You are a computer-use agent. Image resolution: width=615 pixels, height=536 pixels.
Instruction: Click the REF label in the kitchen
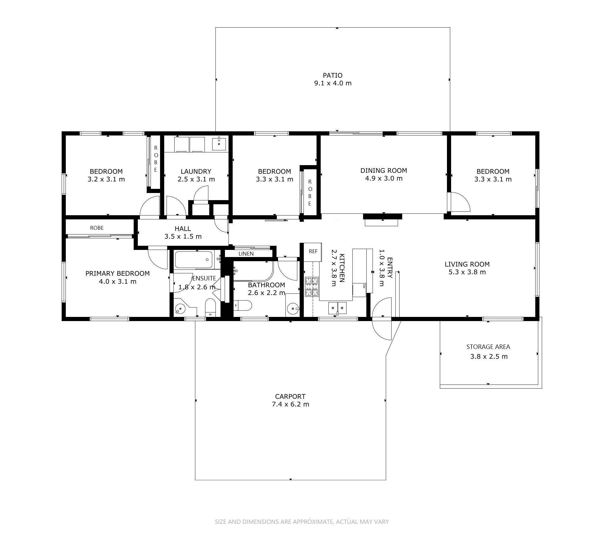click(x=313, y=251)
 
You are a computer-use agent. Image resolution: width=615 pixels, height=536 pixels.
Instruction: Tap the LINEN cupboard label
click(x=246, y=254)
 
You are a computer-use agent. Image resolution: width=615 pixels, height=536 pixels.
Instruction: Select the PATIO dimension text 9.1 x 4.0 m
click(x=333, y=83)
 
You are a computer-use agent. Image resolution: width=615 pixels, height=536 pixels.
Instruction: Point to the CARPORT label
click(x=290, y=396)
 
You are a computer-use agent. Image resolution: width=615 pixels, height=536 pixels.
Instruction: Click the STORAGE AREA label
click(x=488, y=347)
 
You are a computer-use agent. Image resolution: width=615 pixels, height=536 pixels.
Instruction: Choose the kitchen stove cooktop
click(x=311, y=287)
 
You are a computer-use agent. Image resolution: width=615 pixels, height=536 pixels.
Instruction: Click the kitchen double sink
click(x=337, y=308)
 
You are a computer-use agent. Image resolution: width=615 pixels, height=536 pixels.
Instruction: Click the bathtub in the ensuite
click(x=194, y=260)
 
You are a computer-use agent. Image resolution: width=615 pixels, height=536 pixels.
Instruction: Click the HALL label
click(x=183, y=229)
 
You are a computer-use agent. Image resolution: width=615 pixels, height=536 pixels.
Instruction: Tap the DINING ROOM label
click(x=384, y=170)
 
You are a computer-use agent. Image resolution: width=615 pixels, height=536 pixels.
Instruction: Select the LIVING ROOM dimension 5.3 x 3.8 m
click(x=467, y=272)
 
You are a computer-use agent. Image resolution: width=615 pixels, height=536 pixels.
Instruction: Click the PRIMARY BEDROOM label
click(x=117, y=273)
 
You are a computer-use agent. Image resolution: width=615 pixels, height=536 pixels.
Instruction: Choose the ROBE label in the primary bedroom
click(x=97, y=228)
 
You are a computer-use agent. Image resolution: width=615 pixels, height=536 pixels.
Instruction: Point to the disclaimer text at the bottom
click(x=302, y=522)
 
